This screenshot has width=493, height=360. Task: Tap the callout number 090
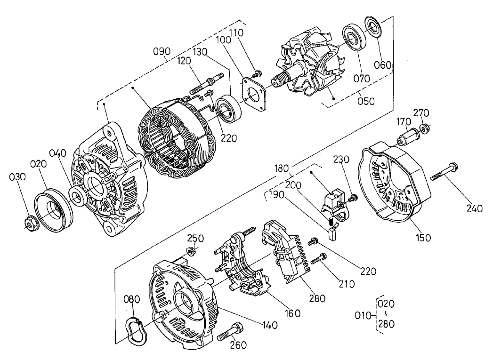point(162,51)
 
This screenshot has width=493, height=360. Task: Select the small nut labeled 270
point(425,128)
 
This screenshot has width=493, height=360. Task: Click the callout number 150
point(422,238)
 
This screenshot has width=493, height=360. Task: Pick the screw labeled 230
point(352,199)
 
